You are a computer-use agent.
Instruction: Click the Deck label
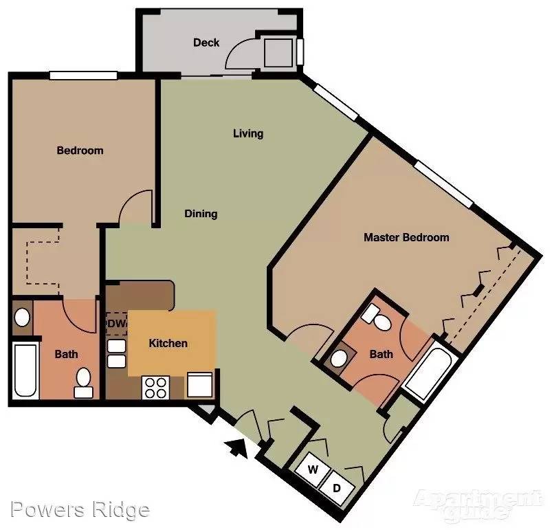pos(206,43)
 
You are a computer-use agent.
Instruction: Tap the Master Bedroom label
pos(406,237)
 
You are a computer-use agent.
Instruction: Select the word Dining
pos(201,214)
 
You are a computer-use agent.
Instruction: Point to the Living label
pos(248,133)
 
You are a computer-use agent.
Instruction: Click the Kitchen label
pos(168,343)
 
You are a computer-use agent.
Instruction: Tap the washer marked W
pos(313,470)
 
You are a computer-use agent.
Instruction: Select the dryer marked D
pos(337,487)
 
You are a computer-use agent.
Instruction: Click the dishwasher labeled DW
pos(116,323)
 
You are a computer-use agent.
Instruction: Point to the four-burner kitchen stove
pos(155,388)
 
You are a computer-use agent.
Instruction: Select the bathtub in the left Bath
pos(25,371)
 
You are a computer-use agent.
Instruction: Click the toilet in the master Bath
pos(377,318)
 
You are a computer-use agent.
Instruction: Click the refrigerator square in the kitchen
pos(200,385)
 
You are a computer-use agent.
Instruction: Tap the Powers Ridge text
pos(80,509)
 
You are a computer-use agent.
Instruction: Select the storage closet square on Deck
pos(278,53)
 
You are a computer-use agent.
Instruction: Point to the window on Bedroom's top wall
pos(83,76)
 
